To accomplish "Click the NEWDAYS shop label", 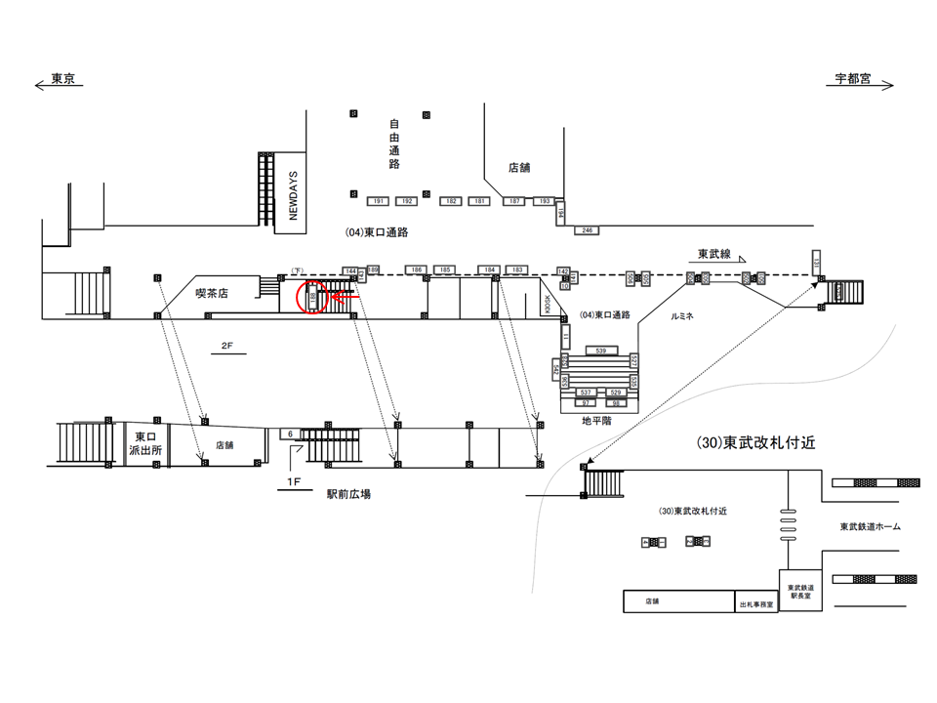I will [292, 193].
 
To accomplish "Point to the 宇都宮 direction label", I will [852, 79].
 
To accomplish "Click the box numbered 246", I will [587, 230].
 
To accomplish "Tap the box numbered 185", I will [444, 269].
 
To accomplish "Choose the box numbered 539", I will [600, 350].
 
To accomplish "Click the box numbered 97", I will [587, 402].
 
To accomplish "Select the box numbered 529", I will [616, 393].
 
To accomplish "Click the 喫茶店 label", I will [211, 292].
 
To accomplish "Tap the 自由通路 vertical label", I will [394, 144].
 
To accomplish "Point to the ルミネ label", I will [682, 317].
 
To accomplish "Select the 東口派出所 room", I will [146, 445].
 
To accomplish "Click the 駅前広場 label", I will [348, 494].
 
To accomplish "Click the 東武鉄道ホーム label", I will [871, 527].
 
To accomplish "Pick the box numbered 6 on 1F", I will [290, 433].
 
